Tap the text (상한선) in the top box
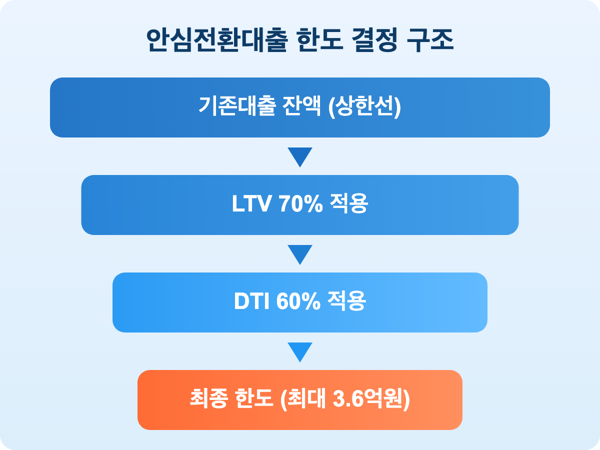[x=364, y=107]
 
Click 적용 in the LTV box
[x=349, y=205]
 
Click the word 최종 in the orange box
[x=208, y=400]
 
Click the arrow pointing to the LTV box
[x=300, y=156]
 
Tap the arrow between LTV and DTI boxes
[x=300, y=254]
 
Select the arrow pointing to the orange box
[x=300, y=351]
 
